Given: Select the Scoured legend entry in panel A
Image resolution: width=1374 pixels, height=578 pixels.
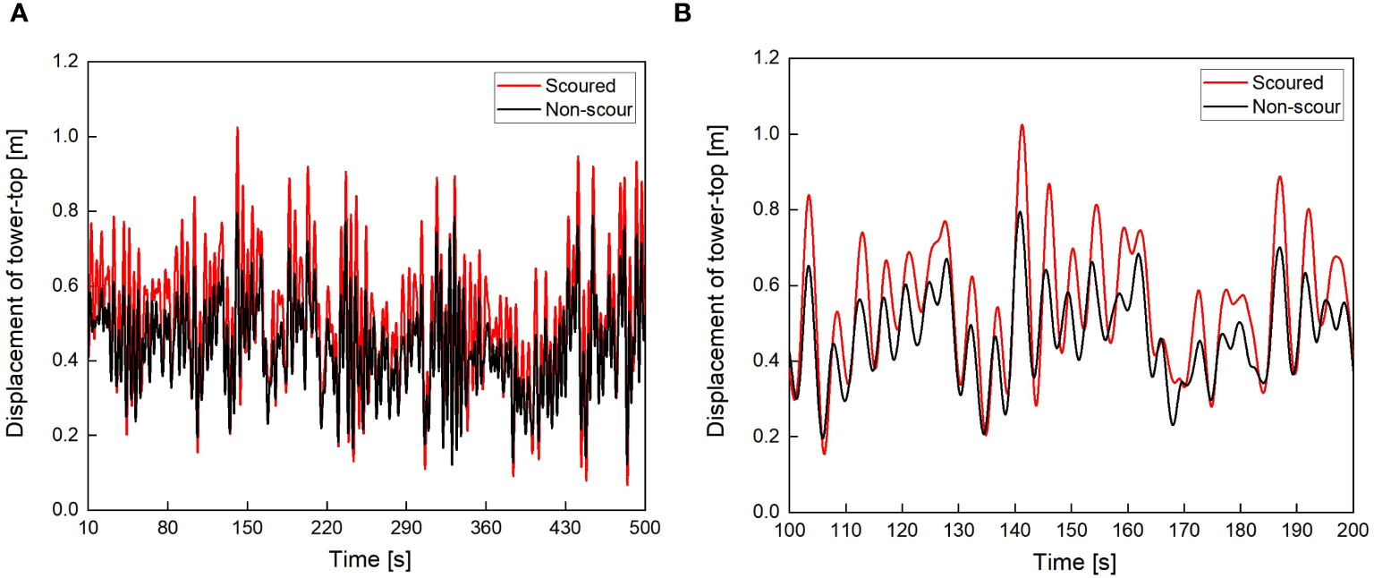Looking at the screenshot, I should (580, 86).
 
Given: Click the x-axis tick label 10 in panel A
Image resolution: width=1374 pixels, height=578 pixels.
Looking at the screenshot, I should (88, 528).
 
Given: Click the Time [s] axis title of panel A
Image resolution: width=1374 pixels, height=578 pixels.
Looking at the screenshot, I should (366, 558).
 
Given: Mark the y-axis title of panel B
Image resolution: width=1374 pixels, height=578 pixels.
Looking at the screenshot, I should (717, 285).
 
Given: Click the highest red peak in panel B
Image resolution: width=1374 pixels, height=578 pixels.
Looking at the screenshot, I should (1021, 125).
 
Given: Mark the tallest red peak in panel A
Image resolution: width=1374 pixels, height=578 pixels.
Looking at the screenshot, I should (237, 127).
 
